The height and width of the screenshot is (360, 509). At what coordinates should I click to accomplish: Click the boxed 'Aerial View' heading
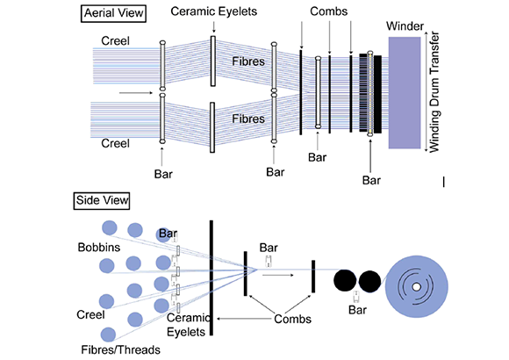[x=113, y=13]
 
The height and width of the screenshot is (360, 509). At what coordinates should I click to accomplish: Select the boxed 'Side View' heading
[x=102, y=200]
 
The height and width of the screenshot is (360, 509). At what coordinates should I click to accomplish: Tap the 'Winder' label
[x=405, y=26]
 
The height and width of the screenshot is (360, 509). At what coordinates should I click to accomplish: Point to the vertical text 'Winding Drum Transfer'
[x=434, y=92]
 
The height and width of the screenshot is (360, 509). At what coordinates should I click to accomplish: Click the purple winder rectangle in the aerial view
[x=405, y=92]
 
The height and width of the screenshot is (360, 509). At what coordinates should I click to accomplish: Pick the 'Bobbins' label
[x=99, y=248]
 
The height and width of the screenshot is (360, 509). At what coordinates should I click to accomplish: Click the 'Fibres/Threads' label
[x=120, y=350]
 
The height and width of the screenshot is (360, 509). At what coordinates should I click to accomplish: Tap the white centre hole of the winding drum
[x=416, y=287]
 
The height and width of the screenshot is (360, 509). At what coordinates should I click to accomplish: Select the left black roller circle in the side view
[x=345, y=280]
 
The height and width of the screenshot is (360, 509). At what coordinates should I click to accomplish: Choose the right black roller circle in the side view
[x=369, y=281]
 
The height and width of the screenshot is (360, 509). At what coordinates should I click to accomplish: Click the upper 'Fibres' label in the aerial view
[x=248, y=61]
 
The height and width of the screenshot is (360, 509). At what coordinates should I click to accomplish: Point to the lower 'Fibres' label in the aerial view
[x=248, y=119]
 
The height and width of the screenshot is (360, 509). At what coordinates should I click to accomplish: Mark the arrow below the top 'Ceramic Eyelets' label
[x=213, y=27]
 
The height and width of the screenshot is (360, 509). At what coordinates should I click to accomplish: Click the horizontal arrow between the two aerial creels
[x=136, y=93]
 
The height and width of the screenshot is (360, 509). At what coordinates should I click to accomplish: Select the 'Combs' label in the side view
[x=292, y=319]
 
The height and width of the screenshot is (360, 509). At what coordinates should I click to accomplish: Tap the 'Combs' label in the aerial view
[x=328, y=11]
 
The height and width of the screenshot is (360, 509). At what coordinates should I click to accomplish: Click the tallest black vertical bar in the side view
[x=211, y=277]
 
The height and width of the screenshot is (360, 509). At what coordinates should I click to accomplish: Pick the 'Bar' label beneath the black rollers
[x=357, y=310]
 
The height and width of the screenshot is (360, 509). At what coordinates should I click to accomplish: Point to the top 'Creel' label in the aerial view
[x=115, y=41]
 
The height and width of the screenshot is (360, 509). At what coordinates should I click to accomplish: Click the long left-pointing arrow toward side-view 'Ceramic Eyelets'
[x=243, y=319]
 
